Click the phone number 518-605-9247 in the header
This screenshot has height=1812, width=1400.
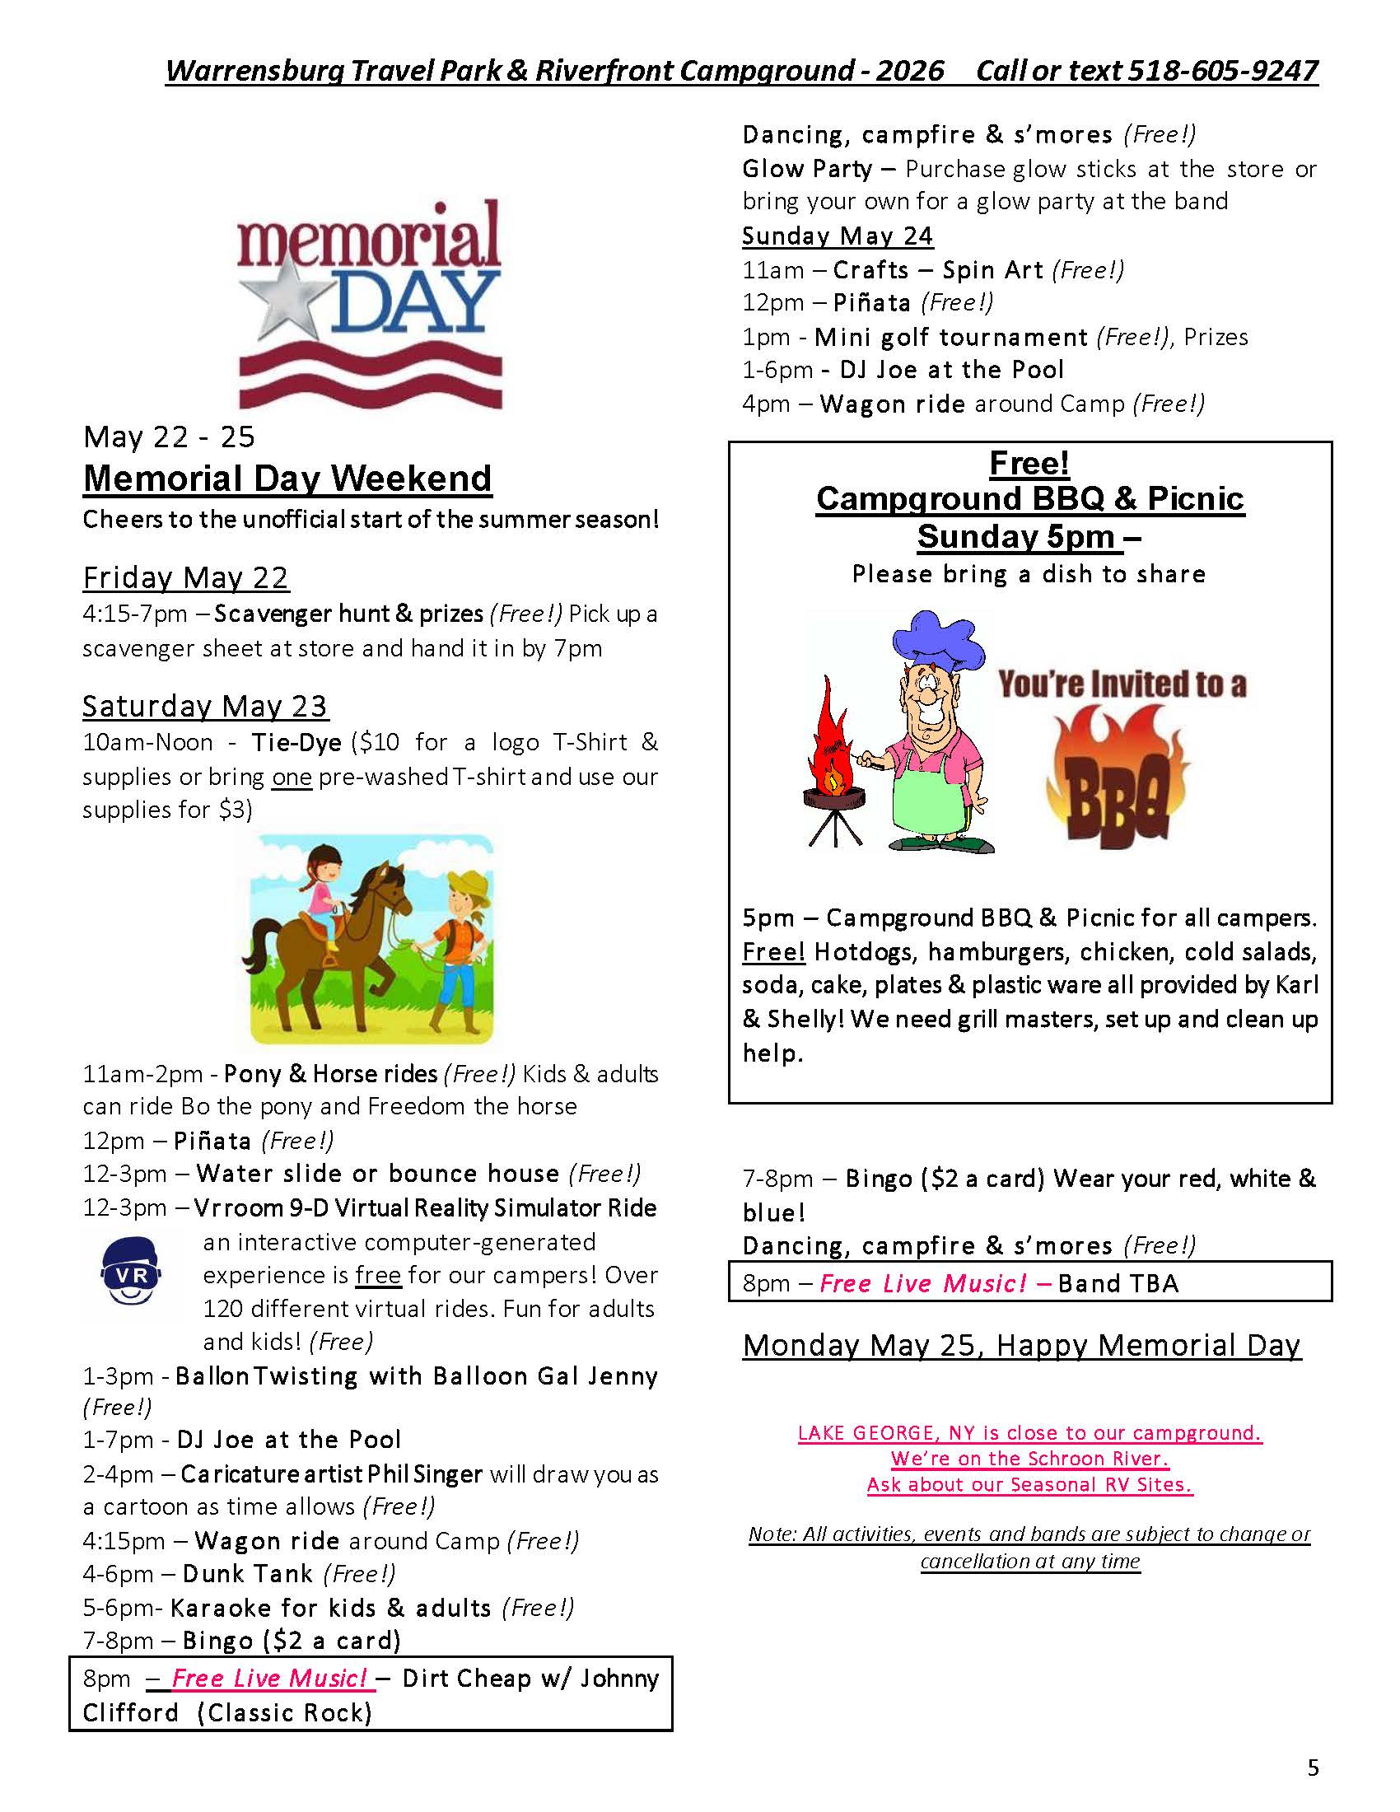tap(1220, 71)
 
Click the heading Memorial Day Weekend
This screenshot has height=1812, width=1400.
tap(287, 479)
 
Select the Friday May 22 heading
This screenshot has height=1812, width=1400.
tap(186, 577)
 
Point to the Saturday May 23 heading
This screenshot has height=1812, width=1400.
tap(205, 706)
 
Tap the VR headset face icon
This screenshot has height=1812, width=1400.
tap(131, 1270)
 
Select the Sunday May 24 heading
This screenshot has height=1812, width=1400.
tap(838, 236)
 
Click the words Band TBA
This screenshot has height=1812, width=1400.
tap(1118, 1283)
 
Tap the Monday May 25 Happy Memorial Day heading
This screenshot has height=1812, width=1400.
tap(1022, 1345)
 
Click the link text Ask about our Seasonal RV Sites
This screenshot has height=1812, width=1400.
tap(1029, 1484)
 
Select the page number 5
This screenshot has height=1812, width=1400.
tap(1313, 1768)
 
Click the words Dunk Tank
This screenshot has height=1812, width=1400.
tap(247, 1574)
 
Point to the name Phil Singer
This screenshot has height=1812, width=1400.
tap(425, 1474)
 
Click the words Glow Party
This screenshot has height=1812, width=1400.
tap(806, 169)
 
